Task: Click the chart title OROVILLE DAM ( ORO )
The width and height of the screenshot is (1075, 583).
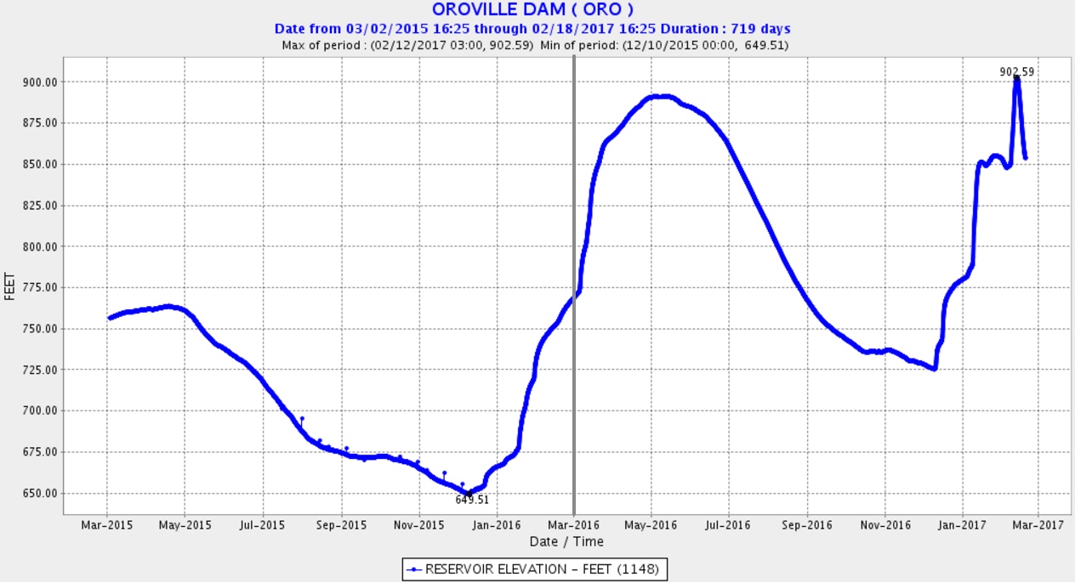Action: (x=532, y=10)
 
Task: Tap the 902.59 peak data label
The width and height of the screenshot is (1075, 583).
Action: (x=1017, y=71)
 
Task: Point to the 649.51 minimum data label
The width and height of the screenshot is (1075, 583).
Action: (x=472, y=500)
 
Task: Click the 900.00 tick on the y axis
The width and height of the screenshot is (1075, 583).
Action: (x=41, y=82)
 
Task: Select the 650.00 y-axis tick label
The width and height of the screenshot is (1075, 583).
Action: (x=41, y=493)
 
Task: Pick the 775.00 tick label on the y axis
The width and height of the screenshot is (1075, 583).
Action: (x=41, y=287)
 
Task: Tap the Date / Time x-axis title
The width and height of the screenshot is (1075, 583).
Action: (x=566, y=541)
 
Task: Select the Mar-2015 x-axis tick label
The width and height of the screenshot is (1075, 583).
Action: (x=107, y=525)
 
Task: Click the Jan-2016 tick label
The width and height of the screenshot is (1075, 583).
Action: (x=496, y=525)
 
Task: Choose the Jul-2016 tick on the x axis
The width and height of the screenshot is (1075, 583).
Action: (x=729, y=525)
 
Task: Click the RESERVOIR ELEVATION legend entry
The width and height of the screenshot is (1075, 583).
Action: (x=535, y=569)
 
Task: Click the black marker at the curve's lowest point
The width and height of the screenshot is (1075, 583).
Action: (x=468, y=493)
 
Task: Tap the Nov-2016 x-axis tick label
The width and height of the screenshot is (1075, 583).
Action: (x=884, y=525)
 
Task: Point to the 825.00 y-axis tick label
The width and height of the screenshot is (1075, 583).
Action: (x=41, y=206)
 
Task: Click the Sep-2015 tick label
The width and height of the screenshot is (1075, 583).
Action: (x=341, y=525)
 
